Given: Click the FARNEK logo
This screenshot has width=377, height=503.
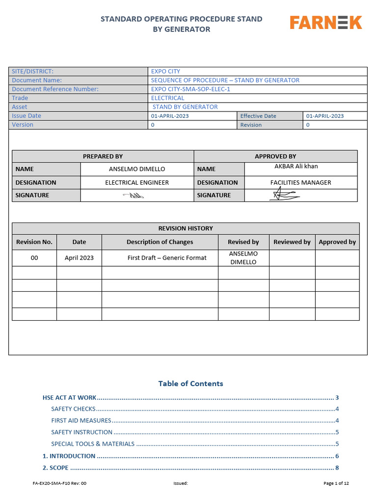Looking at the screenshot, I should [x=325, y=23].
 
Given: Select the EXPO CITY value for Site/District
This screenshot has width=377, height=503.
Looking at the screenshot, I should [x=165, y=71].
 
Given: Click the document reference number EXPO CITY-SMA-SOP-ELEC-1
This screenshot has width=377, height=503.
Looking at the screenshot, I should [x=190, y=89].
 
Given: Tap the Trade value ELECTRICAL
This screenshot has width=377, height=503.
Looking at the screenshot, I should [x=167, y=98].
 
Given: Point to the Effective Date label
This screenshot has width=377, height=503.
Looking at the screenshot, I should [x=258, y=116].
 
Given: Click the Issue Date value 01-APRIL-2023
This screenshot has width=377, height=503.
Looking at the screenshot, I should [x=169, y=116].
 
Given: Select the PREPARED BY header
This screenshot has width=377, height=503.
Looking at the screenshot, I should [x=103, y=156].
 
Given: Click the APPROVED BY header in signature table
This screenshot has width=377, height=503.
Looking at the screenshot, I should [x=275, y=156].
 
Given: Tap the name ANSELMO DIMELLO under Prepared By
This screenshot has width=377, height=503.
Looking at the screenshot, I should [x=137, y=169].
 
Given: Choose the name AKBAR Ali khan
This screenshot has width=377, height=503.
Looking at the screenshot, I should [x=296, y=167].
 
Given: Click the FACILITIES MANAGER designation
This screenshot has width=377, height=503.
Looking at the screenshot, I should [x=300, y=182].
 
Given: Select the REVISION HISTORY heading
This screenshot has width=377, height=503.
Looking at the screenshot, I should [x=186, y=228].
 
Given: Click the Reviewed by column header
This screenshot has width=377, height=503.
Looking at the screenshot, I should [x=292, y=242].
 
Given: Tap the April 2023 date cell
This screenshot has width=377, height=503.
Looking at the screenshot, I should [x=79, y=257].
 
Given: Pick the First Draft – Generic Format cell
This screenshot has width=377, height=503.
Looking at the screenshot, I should [x=167, y=257].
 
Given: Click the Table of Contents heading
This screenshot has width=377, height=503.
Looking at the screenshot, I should [x=190, y=384].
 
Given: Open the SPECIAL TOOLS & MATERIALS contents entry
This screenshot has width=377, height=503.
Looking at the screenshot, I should [x=93, y=444].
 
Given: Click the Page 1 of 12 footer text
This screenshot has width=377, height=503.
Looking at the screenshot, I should [x=336, y=483].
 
